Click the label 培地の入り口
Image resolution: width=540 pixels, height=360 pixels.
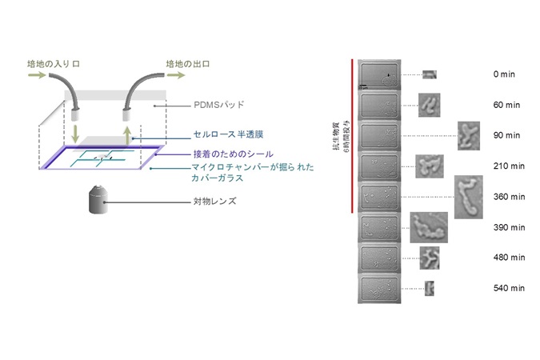[x=54, y=64]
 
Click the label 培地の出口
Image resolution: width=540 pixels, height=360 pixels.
[x=188, y=64]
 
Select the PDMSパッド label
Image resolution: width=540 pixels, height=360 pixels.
[x=219, y=105]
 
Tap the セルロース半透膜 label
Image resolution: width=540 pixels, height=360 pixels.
[x=228, y=134]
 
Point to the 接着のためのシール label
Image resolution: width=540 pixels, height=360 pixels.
[x=233, y=154]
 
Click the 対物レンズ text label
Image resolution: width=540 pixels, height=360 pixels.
[x=215, y=201]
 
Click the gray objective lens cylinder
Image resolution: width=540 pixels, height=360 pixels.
[x=98, y=200]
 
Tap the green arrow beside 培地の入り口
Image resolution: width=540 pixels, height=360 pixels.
[x=37, y=74]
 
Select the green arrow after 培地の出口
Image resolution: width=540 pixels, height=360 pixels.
[x=176, y=74]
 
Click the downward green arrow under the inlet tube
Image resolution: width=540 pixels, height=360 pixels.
[x=74, y=134]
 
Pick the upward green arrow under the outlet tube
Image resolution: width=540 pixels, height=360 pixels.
[x=128, y=136]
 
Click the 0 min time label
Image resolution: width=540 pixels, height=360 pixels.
[x=504, y=74]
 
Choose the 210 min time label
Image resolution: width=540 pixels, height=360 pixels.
[x=509, y=166]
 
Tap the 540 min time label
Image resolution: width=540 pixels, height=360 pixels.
[x=509, y=288]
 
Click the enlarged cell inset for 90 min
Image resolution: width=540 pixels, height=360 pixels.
[x=469, y=136]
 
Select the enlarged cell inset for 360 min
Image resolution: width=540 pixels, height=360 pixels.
[x=468, y=197]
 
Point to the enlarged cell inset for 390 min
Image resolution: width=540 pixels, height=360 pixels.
[x=429, y=227]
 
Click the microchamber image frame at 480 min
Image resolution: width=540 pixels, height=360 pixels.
[x=379, y=258]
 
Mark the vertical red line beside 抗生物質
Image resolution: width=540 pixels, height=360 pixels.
[x=352, y=136]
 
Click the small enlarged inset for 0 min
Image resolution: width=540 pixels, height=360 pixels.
[x=430, y=74]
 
